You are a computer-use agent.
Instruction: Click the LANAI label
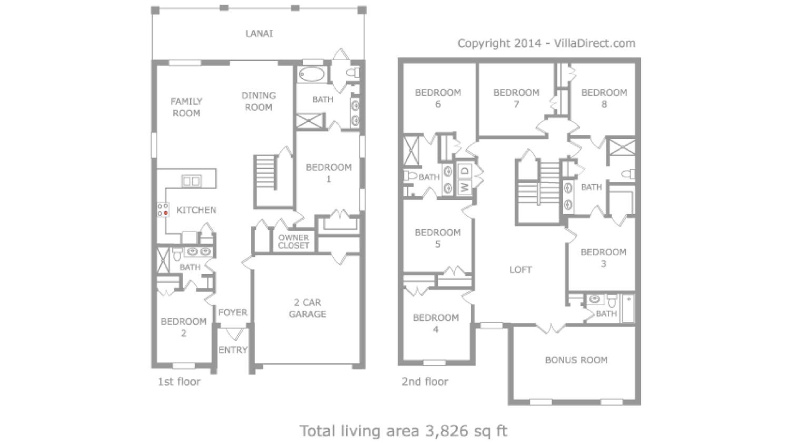pos(259,33)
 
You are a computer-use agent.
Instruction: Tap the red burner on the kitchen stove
pos(166,213)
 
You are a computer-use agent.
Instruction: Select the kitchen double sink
pos(191,181)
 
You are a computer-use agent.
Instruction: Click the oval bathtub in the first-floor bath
pos(312,74)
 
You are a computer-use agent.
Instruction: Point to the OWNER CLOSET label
pos(294,241)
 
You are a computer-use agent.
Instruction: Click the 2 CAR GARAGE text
pos(307,308)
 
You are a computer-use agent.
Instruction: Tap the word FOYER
pos(233,312)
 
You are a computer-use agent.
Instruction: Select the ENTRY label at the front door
pos(233,350)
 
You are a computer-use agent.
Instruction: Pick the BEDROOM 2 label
pos(183,327)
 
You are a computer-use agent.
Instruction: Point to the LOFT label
pos(520,270)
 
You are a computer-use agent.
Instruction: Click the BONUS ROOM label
pos(576,360)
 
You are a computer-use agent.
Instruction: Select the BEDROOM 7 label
pos(516,98)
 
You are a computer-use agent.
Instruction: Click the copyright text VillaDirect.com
pos(595,43)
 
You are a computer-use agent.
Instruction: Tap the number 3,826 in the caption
pos(447,431)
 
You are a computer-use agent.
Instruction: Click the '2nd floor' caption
pos(425,381)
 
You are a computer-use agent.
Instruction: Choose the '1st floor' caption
pos(179,381)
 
